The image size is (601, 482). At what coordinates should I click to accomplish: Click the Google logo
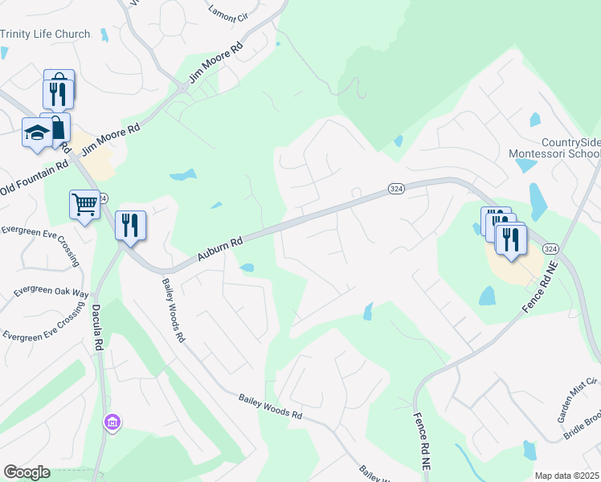(27, 472)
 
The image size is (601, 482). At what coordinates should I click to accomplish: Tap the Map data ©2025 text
(566, 476)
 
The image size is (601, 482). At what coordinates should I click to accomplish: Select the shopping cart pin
(84, 204)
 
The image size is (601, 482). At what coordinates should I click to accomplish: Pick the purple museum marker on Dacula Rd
(112, 422)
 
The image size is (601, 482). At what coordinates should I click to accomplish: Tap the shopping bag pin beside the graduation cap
(58, 128)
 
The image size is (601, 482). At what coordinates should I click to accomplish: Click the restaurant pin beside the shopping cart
(130, 225)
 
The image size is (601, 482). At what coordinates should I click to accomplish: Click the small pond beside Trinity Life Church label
(104, 35)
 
